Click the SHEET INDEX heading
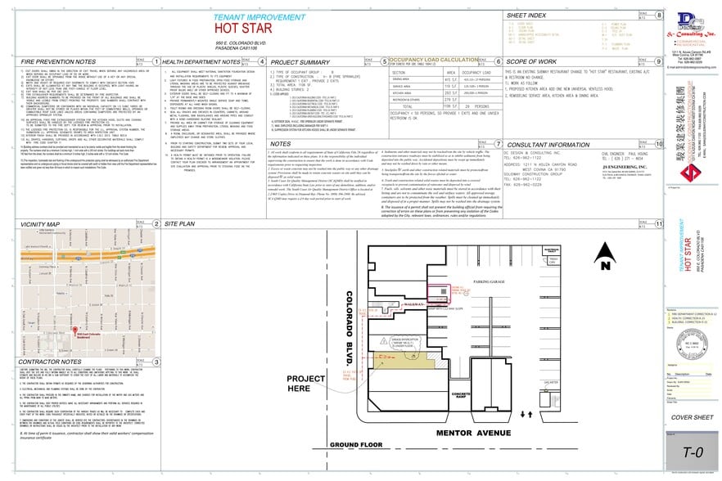click(526, 16)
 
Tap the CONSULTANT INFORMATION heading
click(546, 144)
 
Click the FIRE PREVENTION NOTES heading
click(48, 61)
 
